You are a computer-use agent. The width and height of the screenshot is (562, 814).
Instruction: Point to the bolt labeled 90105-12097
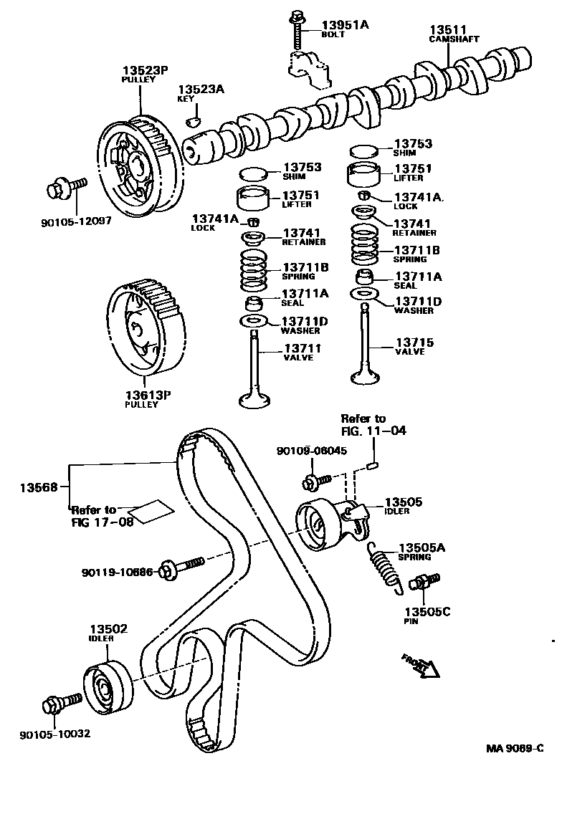[64, 190]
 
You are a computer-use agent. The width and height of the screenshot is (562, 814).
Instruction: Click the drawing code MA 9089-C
[514, 749]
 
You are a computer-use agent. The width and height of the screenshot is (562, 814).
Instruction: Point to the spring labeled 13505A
[383, 565]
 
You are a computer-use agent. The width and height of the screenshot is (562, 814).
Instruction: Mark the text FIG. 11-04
[373, 431]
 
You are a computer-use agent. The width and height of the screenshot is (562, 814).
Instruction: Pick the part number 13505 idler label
[404, 502]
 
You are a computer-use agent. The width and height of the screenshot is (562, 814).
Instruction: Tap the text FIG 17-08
[103, 522]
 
